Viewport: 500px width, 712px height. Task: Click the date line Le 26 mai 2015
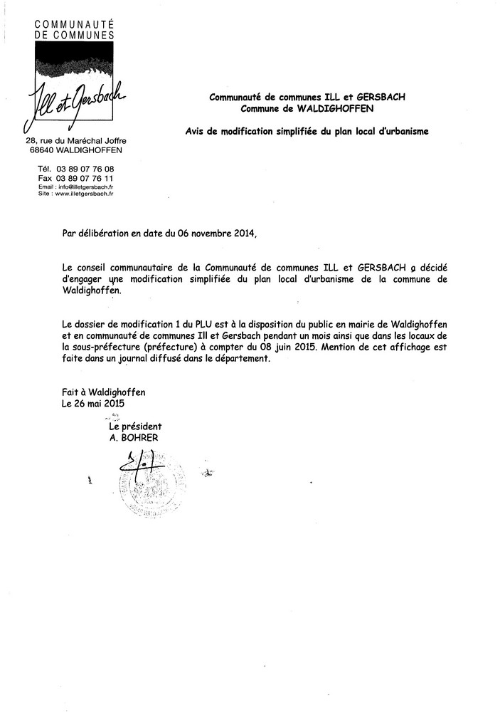click(93, 403)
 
